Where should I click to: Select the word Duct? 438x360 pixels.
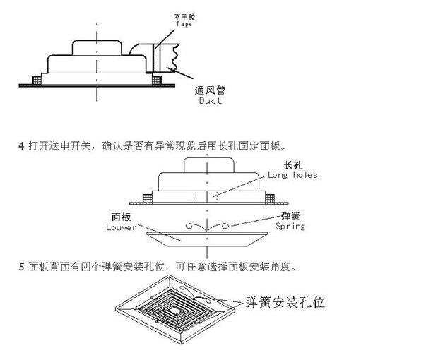tap(209, 101)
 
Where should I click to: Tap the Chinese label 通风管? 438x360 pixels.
tap(209, 90)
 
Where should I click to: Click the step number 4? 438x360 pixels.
tap(20, 146)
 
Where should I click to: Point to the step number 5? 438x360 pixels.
tap(20, 267)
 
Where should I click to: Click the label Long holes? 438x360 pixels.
tap(292, 175)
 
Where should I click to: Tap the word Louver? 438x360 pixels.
tap(121, 227)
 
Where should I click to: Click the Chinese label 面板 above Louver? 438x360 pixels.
tap(122, 217)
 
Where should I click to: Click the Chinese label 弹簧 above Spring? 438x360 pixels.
tap(290, 216)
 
